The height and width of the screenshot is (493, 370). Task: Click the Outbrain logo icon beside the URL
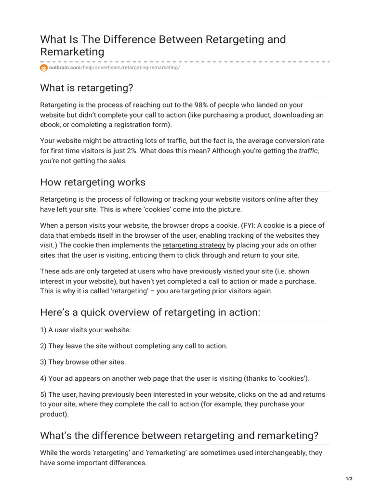44,68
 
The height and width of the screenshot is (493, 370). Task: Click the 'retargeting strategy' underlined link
194,246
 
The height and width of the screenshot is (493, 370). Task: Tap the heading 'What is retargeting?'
86,88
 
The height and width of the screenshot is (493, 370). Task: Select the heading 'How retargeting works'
92,182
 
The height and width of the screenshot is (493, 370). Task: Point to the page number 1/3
349,478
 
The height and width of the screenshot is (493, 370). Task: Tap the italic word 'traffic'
309,151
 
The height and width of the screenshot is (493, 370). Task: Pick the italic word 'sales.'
118,161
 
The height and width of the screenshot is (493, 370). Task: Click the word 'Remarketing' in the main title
72,52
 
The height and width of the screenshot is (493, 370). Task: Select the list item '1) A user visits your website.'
85,330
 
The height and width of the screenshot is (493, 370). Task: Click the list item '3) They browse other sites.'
83,362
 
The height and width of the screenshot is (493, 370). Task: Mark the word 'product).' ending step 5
54,414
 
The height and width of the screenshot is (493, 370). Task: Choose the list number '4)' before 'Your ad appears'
44,378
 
